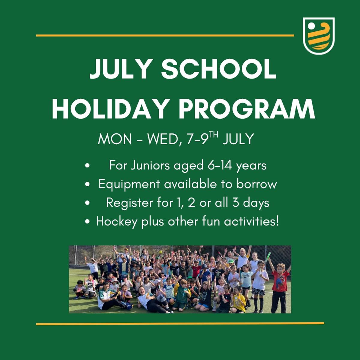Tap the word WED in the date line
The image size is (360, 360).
click(162, 139)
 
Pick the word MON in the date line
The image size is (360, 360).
click(115, 139)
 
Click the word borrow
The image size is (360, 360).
click(257, 184)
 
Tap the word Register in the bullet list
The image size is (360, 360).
click(130, 203)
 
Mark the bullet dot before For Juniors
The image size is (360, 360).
click(87, 166)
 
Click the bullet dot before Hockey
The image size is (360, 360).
click(87, 222)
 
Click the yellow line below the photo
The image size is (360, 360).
click(180, 324)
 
